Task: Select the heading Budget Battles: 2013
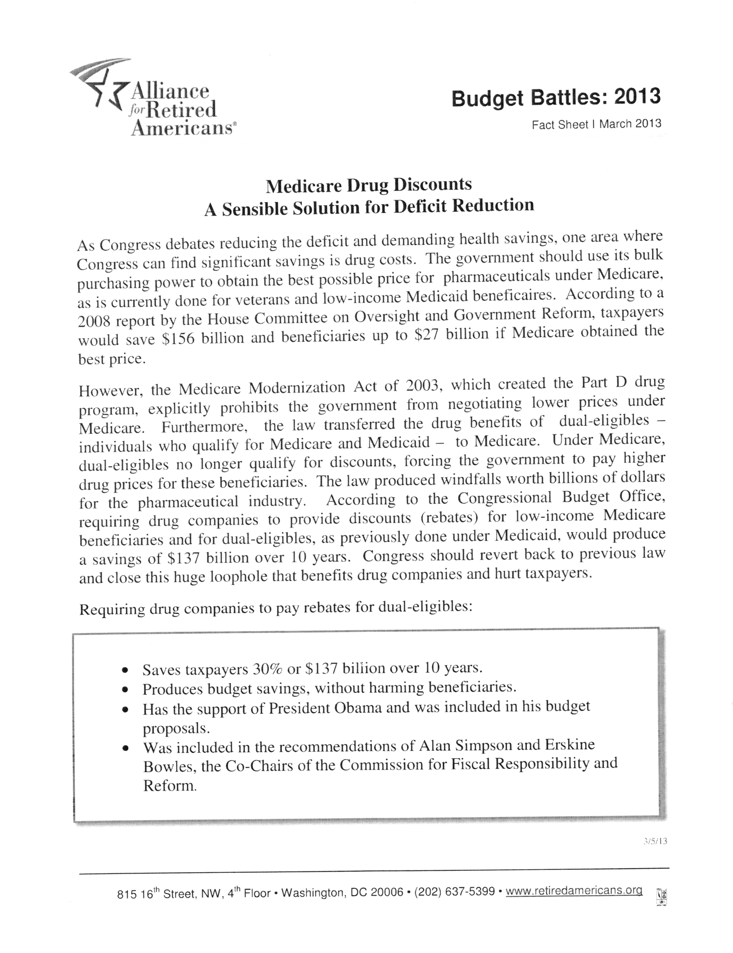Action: (x=556, y=97)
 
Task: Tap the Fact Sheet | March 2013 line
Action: (x=596, y=124)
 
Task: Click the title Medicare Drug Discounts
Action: (x=369, y=185)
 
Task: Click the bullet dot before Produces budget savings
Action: (x=126, y=690)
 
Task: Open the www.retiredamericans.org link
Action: (x=574, y=890)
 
